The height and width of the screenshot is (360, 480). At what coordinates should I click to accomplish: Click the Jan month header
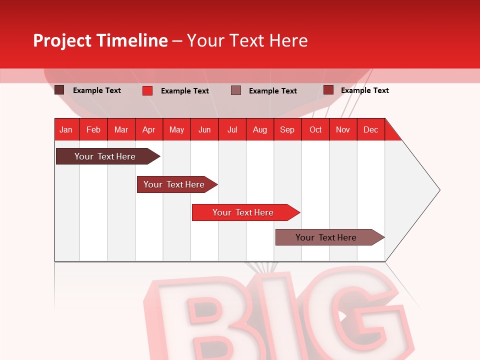(66, 129)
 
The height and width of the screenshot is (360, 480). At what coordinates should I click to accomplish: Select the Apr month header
(148, 129)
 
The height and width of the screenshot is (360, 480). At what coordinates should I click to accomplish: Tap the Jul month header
(232, 129)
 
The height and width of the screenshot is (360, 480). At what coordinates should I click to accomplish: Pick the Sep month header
(287, 129)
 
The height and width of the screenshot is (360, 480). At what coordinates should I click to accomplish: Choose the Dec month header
(370, 129)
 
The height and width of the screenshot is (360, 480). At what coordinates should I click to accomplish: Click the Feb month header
(93, 129)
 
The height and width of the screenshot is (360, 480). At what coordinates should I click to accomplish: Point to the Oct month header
(315, 129)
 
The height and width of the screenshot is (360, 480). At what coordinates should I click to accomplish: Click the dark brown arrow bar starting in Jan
(105, 156)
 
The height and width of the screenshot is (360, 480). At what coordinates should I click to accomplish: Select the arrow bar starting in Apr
(174, 184)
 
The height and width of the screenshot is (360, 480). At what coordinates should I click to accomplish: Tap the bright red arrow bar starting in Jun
(243, 212)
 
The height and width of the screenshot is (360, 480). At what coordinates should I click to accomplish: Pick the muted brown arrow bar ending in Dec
(326, 237)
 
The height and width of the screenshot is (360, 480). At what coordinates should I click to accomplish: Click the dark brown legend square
(59, 90)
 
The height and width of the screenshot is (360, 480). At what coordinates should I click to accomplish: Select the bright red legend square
(147, 90)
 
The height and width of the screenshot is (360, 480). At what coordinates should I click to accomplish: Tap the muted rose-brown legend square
(236, 90)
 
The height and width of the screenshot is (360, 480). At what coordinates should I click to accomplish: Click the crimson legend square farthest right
(328, 90)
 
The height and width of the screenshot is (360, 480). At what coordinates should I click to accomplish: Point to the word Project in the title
(61, 40)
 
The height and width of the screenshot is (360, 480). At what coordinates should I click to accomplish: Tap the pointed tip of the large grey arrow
(438, 189)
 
